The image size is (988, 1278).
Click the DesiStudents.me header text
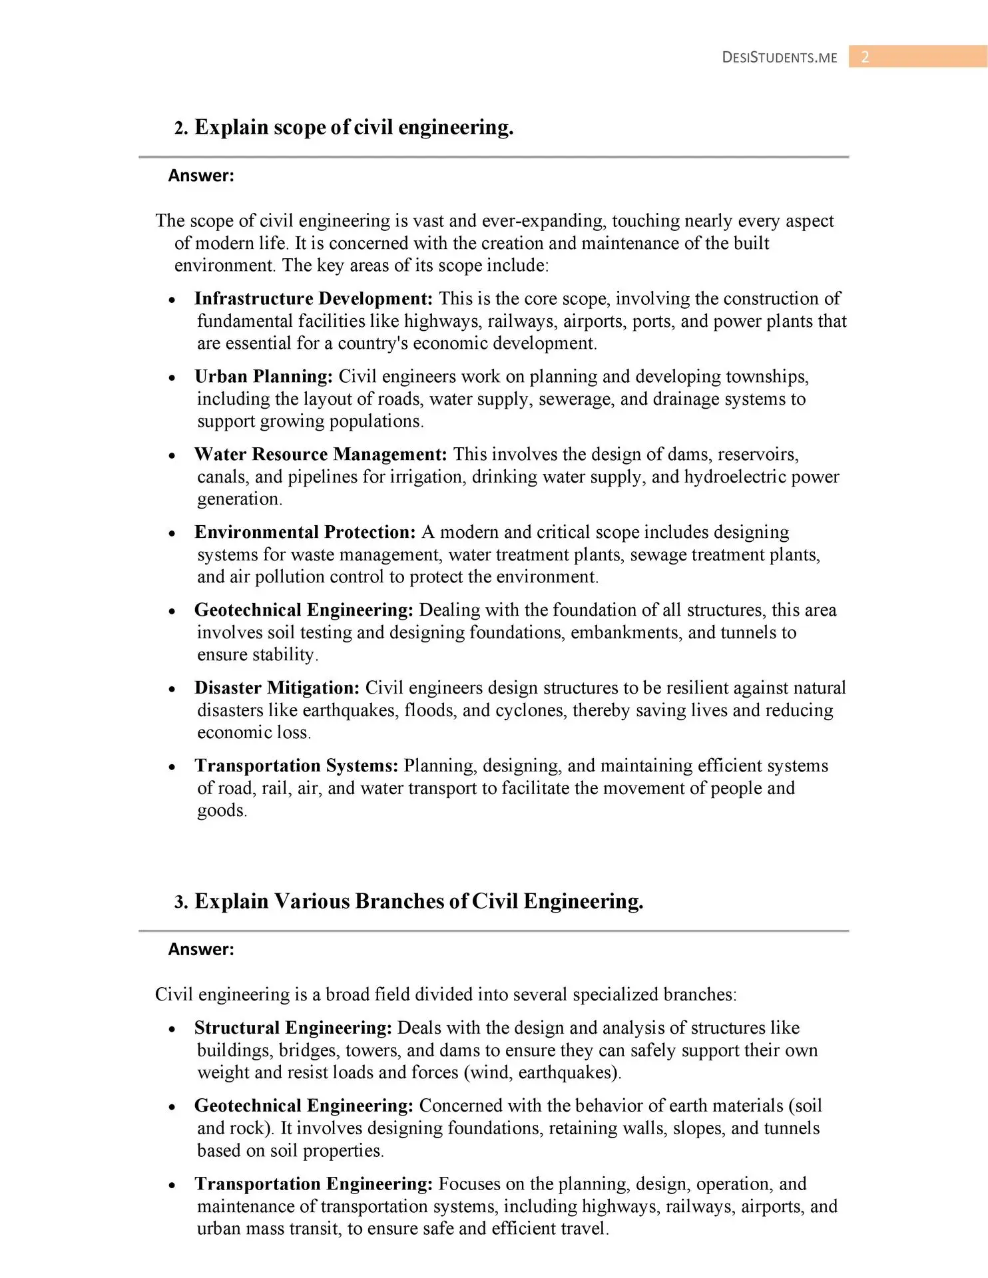click(x=780, y=57)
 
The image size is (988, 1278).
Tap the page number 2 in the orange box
click(x=865, y=57)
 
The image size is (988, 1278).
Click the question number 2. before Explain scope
click(x=181, y=128)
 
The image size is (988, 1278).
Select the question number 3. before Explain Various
click(x=181, y=902)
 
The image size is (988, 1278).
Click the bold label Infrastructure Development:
click(x=314, y=299)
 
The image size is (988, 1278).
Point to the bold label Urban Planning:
click(x=264, y=377)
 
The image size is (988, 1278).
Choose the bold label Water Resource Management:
click(x=320, y=455)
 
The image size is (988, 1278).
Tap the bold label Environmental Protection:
click(x=305, y=532)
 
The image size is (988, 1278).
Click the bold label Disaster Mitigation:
click(x=277, y=688)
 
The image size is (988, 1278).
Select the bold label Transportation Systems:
click(x=296, y=766)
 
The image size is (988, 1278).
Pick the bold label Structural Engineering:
click(x=293, y=1028)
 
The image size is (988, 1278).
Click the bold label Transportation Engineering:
click(x=314, y=1184)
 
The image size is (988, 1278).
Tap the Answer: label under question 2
click(x=201, y=176)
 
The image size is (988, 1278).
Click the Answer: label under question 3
click(x=201, y=949)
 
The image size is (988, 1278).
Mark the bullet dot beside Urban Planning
click(x=172, y=378)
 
